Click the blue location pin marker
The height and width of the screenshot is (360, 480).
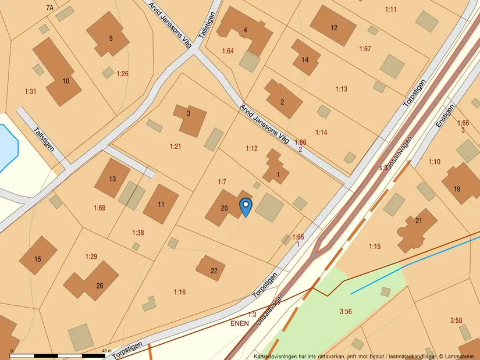246,206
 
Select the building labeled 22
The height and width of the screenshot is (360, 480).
211,269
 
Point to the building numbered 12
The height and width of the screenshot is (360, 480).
333,26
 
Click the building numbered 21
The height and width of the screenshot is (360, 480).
417,228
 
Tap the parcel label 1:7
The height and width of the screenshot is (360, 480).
222,182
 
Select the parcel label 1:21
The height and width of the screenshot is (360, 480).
175,146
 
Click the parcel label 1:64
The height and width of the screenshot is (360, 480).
227,51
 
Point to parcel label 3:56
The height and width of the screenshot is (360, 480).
346,312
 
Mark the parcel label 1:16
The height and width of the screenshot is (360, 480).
180,292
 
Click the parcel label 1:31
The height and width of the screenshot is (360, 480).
30,91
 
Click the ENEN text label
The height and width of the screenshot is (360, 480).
239,322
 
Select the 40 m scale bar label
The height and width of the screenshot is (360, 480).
106,351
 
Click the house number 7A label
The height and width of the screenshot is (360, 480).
49,8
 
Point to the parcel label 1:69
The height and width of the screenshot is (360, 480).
99,208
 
